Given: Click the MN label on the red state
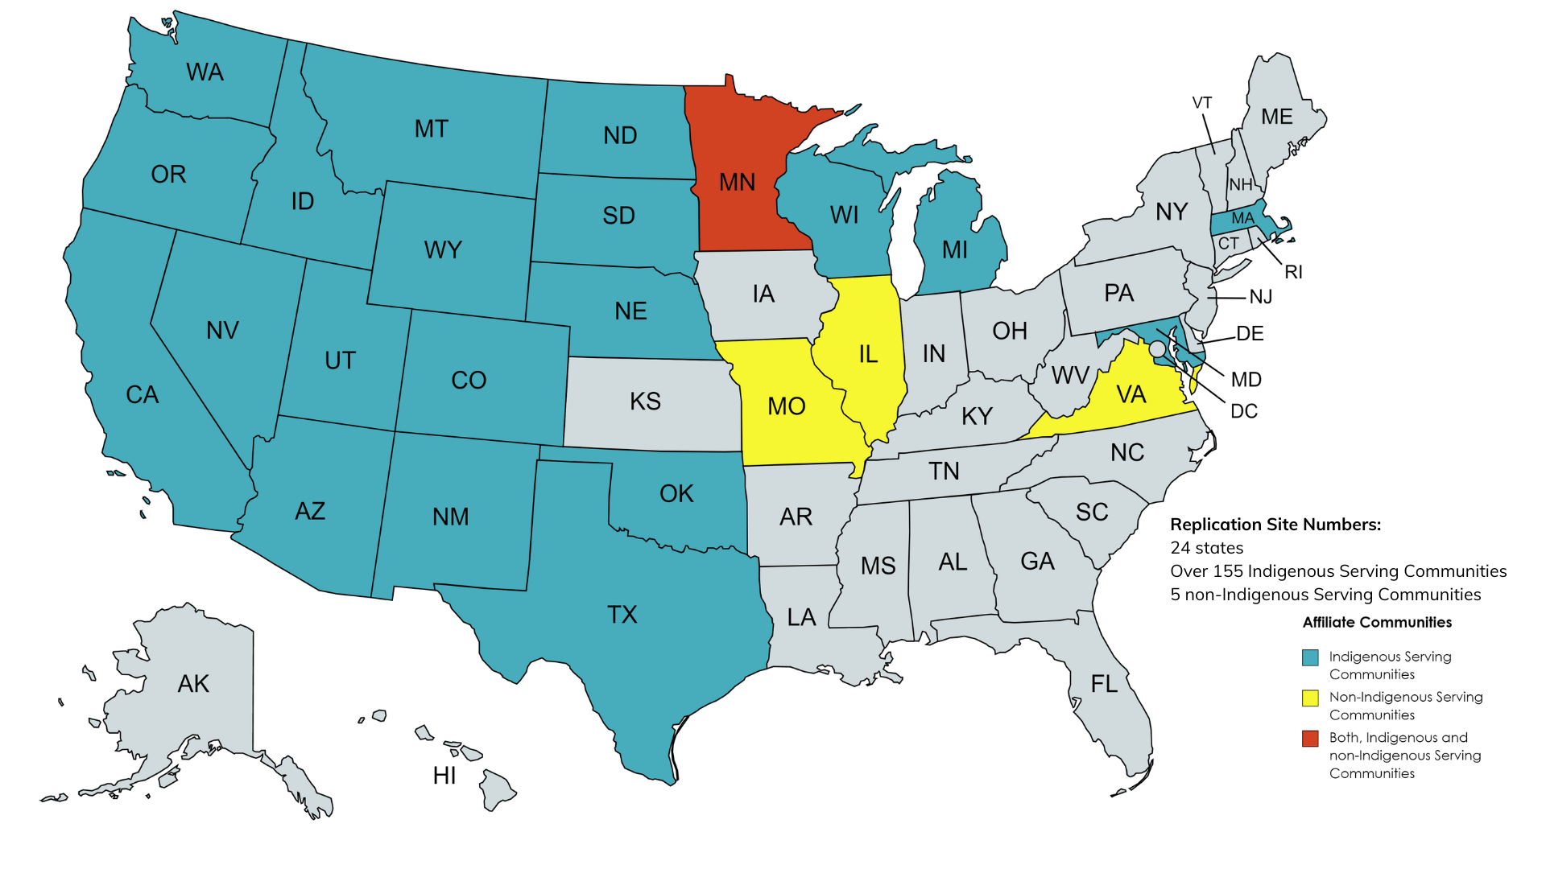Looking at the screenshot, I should tap(737, 183).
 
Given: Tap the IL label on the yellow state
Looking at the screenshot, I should tap(867, 354).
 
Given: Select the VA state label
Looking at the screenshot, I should tap(1131, 394).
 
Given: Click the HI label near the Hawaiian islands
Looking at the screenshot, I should tap(444, 776).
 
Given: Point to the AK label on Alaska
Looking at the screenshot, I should tap(193, 684).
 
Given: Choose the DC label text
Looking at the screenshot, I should tap(1243, 412).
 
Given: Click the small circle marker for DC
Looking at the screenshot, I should tap(1157, 349).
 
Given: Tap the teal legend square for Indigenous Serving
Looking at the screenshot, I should tap(1310, 657).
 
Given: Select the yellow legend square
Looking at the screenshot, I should tap(1310, 698).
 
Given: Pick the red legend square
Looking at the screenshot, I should tap(1310, 738).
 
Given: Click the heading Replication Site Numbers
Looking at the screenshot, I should tap(1275, 525).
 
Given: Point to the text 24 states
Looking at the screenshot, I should tap(1206, 548).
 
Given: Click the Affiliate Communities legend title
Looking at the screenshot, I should tap(1377, 622).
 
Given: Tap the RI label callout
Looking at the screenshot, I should tap(1293, 272).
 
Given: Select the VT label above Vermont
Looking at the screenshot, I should tap(1202, 103).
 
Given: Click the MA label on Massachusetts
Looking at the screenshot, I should tap(1242, 218).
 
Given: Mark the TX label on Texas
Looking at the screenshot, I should tap(622, 615).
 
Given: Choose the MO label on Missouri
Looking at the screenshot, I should tap(786, 406).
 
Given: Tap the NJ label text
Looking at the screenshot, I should tap(1261, 297).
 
